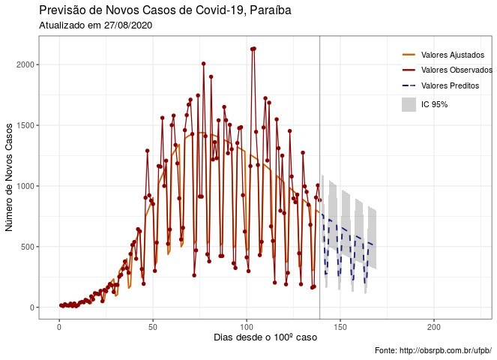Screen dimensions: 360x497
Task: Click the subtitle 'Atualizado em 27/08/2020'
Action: pos(87,25)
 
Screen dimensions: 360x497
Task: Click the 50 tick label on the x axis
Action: pos(152,327)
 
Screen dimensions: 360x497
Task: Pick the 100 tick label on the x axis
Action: pos(246,327)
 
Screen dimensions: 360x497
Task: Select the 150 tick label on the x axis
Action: pos(340,327)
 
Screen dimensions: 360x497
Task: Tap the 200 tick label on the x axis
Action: pos(433,327)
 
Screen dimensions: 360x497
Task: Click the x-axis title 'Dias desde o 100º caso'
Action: pos(265,338)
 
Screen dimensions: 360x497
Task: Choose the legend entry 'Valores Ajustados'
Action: pos(451,55)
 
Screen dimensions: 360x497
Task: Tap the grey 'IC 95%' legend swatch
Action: pos(409,104)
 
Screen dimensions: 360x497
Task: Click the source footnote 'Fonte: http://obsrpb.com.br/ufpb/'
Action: pos(433,350)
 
